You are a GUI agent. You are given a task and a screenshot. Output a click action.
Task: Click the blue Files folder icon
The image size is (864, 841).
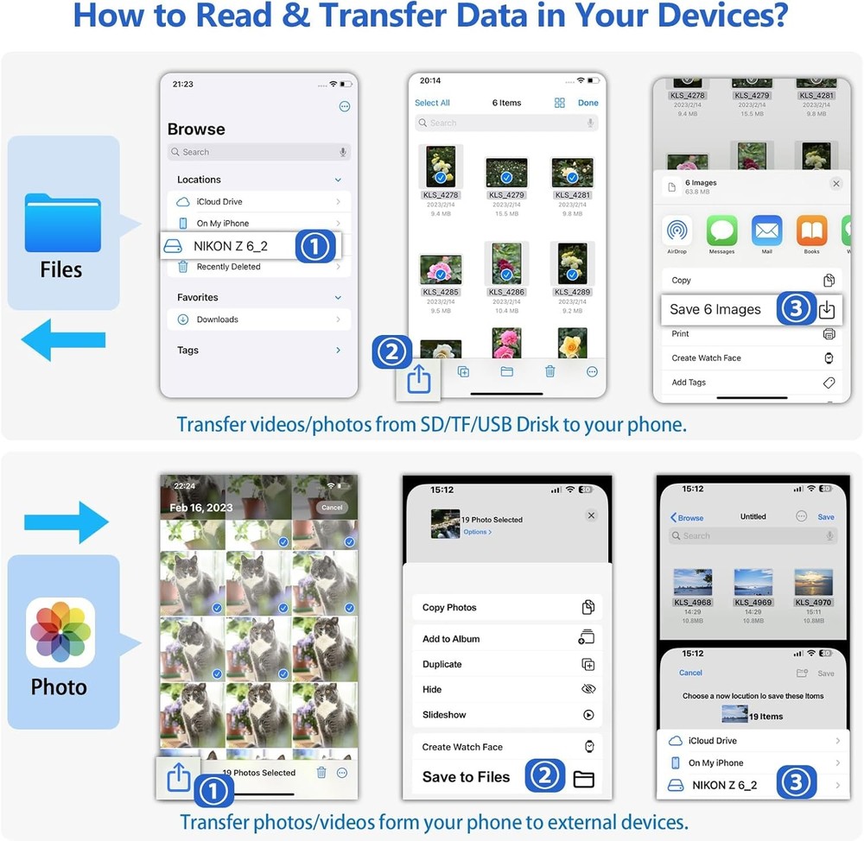pyautogui.click(x=64, y=223)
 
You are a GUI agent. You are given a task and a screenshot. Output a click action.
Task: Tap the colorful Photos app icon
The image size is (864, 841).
pyautogui.click(x=60, y=633)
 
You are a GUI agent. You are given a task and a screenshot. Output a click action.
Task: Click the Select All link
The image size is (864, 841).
pyautogui.click(x=432, y=103)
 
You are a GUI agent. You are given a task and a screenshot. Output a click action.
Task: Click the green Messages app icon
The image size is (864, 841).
pyautogui.click(x=721, y=231)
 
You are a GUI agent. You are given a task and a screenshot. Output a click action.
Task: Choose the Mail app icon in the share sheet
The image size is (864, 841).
pyautogui.click(x=766, y=231)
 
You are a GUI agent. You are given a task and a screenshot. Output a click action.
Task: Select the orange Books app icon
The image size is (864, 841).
pyautogui.click(x=811, y=231)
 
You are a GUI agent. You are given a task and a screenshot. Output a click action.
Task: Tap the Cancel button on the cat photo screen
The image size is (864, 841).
pyautogui.click(x=332, y=508)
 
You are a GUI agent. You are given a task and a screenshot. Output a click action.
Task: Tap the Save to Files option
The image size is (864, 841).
pyautogui.click(x=467, y=777)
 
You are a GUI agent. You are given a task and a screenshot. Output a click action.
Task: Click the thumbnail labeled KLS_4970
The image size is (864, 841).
pyautogui.click(x=813, y=583)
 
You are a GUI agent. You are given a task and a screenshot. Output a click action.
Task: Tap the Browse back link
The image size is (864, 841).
pyautogui.click(x=687, y=517)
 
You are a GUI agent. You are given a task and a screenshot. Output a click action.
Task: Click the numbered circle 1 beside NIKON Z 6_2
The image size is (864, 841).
pyautogui.click(x=315, y=247)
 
